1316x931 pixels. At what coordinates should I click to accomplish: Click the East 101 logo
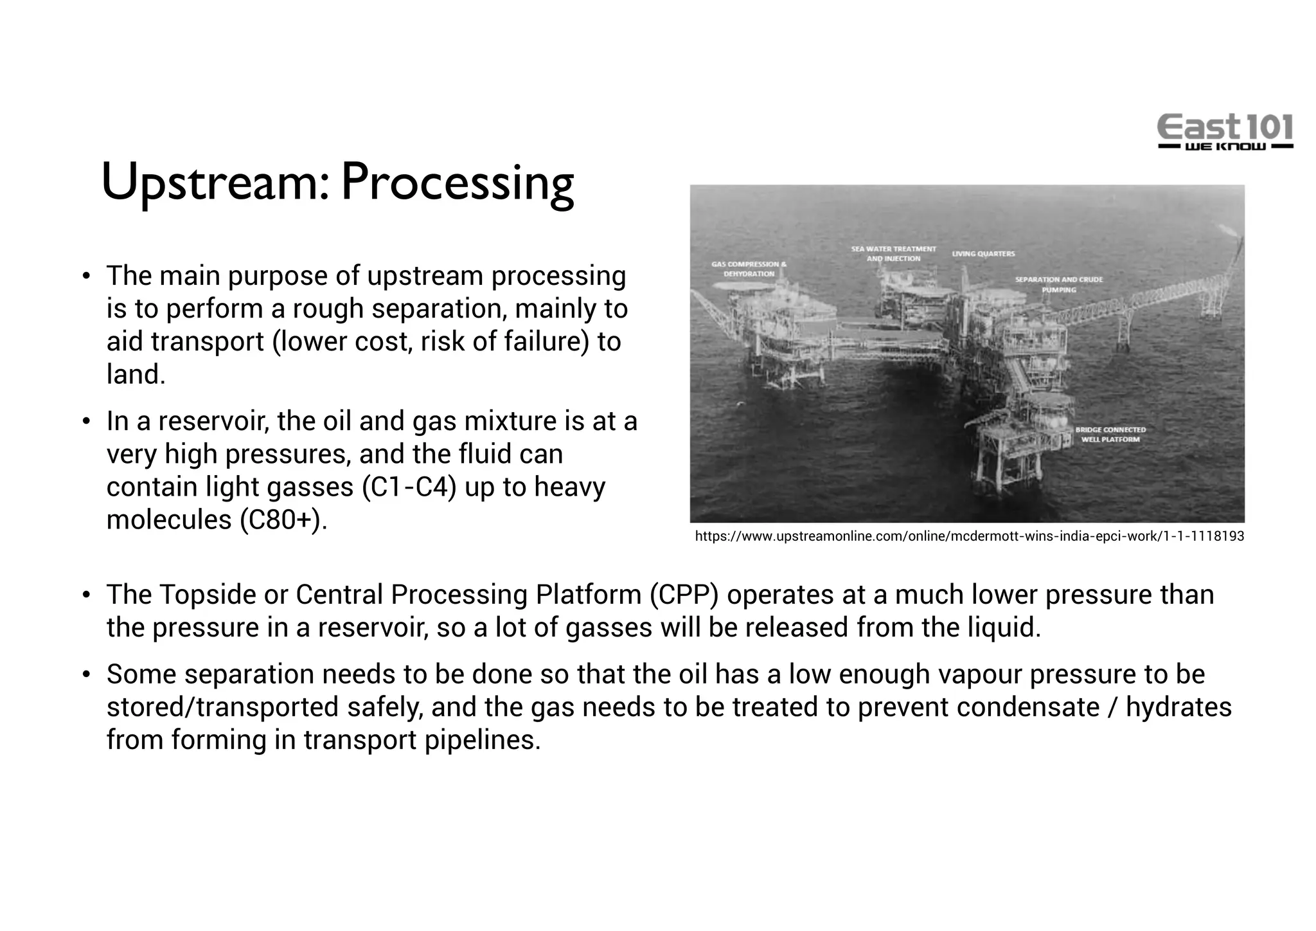coord(1225,132)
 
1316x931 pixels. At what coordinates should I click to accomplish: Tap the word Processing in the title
coord(457,182)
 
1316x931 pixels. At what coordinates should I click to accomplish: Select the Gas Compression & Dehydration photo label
coord(749,269)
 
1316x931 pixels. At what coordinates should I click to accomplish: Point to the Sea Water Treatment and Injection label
coord(893,253)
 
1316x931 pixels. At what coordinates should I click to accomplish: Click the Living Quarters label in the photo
coord(983,254)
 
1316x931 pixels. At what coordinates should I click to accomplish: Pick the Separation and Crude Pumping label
coord(1058,284)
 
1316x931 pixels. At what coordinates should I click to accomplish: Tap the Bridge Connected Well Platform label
coord(1110,434)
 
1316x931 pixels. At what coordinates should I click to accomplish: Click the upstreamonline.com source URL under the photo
coord(969,536)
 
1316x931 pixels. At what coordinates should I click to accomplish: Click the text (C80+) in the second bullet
coord(280,520)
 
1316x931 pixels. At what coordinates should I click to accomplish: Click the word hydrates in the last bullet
coord(1178,707)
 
